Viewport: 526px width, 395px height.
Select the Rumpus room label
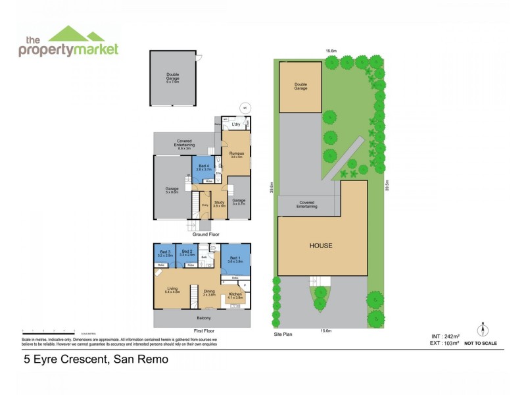[x=237, y=154]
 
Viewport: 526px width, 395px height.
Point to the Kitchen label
[x=235, y=295]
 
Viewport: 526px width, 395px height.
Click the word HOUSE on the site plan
[x=322, y=246]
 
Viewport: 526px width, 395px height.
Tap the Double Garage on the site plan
[x=300, y=86]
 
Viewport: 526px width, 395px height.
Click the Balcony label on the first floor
[x=203, y=318]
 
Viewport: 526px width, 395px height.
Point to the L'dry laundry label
[x=236, y=124]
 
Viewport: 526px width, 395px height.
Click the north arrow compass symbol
[x=482, y=330]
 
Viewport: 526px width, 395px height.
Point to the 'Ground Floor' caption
[x=206, y=234]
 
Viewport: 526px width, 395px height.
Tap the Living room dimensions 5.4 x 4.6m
[x=172, y=292]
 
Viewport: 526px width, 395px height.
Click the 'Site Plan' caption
[x=283, y=334]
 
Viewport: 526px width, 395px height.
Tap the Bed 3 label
[x=164, y=252]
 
